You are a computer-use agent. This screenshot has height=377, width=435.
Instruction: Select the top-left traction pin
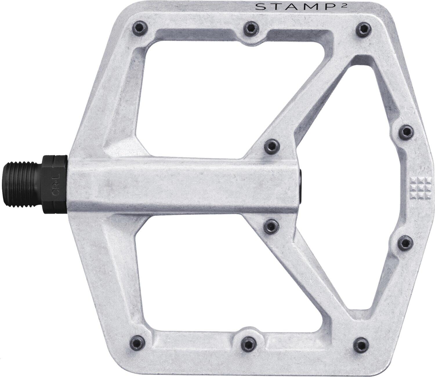[139, 28]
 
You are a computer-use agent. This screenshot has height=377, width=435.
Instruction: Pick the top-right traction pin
[362, 28]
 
